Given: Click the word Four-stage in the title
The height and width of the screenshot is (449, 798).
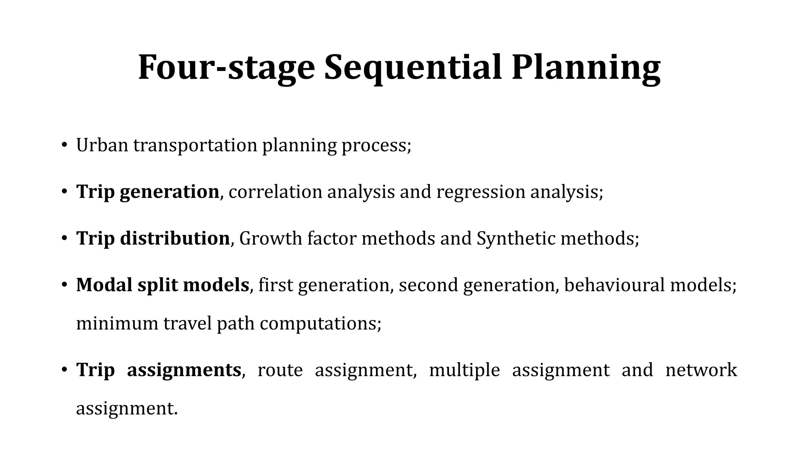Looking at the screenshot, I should tap(226, 67).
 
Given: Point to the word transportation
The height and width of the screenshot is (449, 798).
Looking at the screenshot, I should tap(195, 145).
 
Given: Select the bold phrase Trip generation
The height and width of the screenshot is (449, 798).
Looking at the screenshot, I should tap(148, 192).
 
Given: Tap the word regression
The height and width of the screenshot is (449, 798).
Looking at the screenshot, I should tap(480, 192).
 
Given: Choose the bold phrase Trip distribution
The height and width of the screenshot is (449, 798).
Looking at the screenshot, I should tap(153, 238).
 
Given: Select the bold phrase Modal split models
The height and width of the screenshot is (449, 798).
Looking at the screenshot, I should tap(162, 285).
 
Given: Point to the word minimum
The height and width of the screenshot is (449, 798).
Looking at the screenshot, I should tap(117, 323).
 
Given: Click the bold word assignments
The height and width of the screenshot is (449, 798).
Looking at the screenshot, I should tap(184, 370).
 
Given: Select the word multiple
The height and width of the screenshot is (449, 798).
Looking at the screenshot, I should tap(464, 370).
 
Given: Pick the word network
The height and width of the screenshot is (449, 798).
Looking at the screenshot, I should tap(701, 370).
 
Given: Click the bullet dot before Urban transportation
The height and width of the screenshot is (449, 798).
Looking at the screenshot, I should tap(64, 145).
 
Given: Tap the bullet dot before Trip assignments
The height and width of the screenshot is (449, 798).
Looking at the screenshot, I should tap(64, 370).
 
